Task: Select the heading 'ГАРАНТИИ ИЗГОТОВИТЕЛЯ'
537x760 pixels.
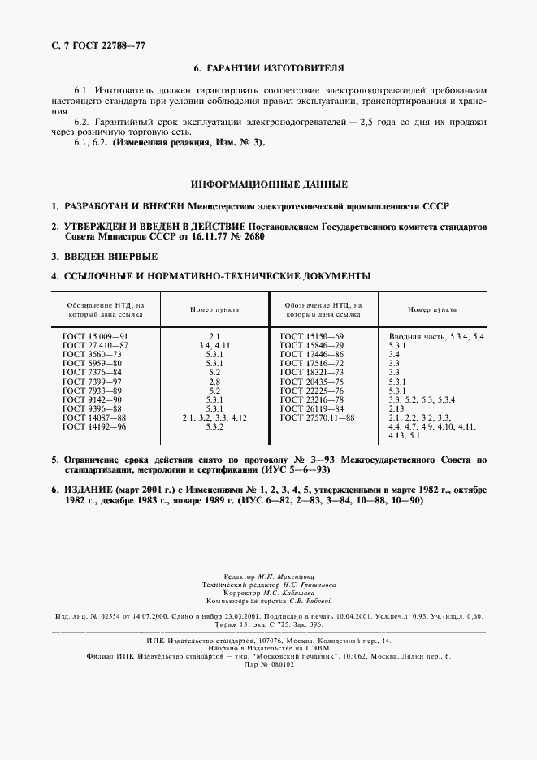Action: (x=276, y=70)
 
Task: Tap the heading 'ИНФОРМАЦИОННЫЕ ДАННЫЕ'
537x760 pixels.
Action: (x=269, y=184)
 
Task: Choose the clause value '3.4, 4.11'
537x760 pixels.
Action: (x=214, y=345)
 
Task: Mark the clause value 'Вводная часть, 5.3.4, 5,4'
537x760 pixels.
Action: (x=436, y=335)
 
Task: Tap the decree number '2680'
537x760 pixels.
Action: (x=253, y=237)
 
